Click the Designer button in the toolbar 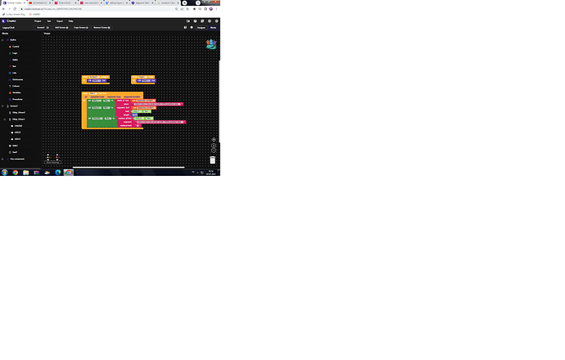201,27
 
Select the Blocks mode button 214,27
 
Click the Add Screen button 61,27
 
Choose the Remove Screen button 103,27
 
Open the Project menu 38,20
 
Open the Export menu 59,20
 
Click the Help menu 70,20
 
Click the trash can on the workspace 212,160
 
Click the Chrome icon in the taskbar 15,173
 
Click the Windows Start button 4,173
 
